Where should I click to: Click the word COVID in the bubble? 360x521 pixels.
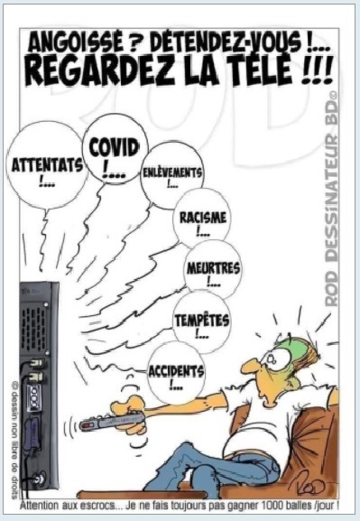pos(114,148)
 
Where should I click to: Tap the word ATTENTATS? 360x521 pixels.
pos(47,164)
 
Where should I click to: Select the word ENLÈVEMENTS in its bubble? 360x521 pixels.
pos(172,172)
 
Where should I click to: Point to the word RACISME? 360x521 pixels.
pos(203,218)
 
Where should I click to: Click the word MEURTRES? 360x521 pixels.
pos(213,268)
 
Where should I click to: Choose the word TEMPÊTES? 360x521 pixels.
pos(202,320)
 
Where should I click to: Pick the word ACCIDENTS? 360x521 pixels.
pos(176,371)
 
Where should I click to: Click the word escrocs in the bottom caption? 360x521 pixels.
pos(101,507)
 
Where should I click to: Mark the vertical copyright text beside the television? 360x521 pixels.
pos(14,441)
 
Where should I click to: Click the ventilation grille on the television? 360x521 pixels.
pos(35,323)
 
